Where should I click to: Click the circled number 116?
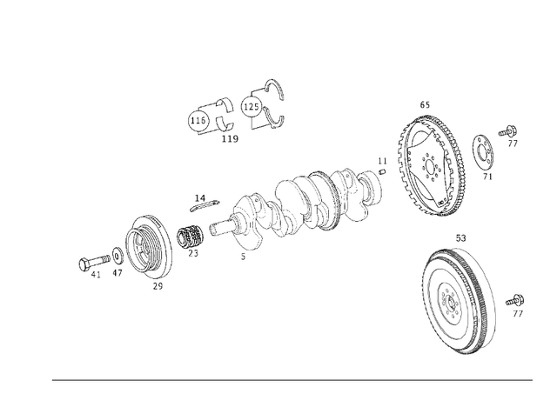(198, 121)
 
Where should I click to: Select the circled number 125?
(251, 107)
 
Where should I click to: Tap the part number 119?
(230, 139)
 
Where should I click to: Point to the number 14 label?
(199, 198)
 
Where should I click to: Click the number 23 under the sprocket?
(192, 254)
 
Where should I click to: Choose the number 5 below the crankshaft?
(243, 257)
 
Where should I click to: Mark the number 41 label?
(96, 275)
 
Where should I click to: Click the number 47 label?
(117, 273)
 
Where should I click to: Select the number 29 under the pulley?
(158, 286)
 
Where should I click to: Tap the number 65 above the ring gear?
(425, 104)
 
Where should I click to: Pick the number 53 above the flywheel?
(460, 237)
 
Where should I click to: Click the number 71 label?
(487, 177)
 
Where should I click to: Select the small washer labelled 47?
(117, 257)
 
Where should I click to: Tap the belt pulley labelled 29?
(148, 247)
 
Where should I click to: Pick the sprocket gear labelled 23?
(191, 235)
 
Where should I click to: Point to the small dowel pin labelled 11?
(381, 171)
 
